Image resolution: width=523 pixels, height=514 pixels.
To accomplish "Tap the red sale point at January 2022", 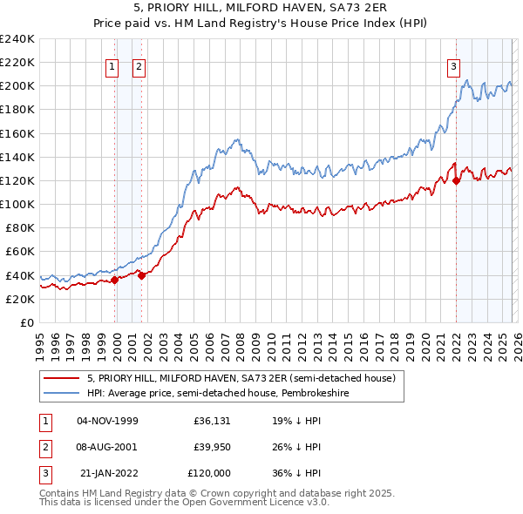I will pos(456,181).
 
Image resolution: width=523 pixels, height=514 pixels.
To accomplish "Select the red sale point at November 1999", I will pos(114,280).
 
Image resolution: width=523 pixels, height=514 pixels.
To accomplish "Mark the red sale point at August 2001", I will pos(141,275).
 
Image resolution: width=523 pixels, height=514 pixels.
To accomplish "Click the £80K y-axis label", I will pos(19,228).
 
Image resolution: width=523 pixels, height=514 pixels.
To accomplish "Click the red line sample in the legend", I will pos(62,378).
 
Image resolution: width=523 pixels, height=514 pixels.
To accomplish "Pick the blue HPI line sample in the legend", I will pos(62,393).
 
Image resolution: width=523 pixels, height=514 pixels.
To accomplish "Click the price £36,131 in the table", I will pos(212,420).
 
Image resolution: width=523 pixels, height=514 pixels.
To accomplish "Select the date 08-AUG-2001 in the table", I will pos(107,447).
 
